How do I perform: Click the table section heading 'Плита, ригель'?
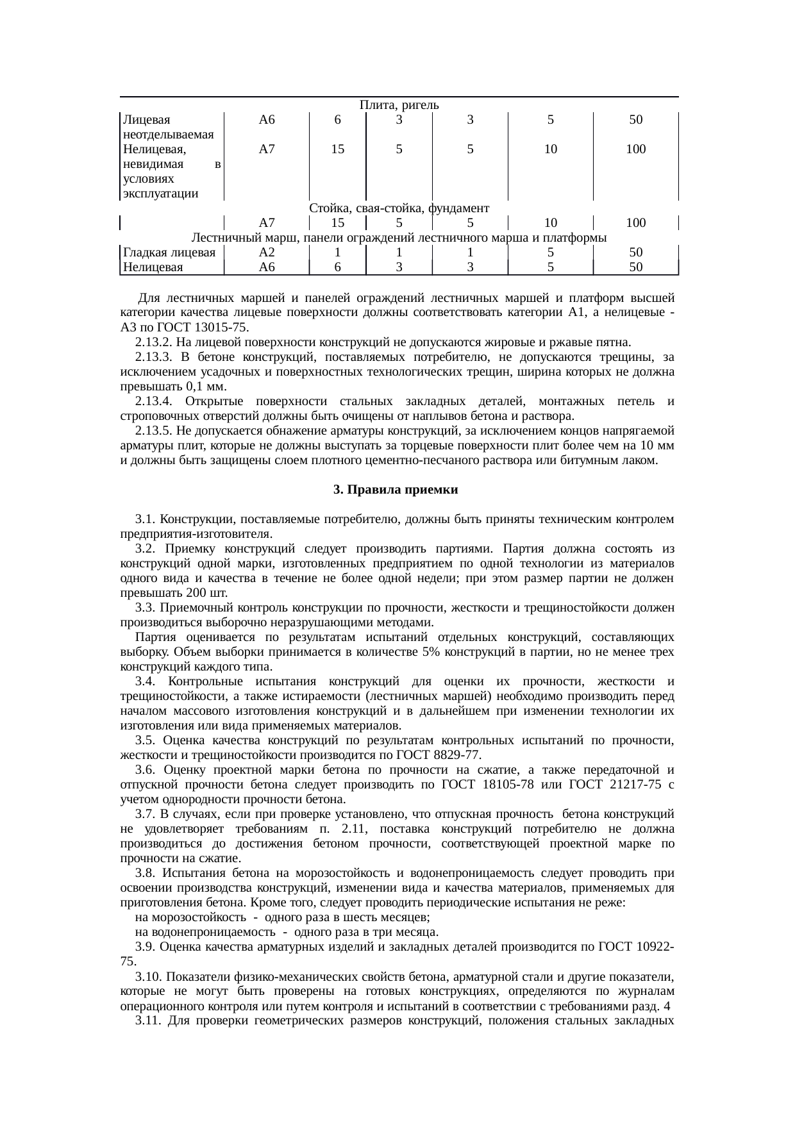tap(399, 104)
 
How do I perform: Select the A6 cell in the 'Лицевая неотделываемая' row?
tap(267, 120)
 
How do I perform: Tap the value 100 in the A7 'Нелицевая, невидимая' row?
tap(635, 149)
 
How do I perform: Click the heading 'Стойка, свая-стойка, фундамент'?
tap(399, 208)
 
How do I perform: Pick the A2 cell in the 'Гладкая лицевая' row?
tap(267, 253)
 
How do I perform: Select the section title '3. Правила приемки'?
tap(396, 490)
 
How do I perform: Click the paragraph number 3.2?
tap(144, 549)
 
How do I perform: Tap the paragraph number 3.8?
tap(144, 873)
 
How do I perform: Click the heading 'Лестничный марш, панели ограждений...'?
tap(399, 238)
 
